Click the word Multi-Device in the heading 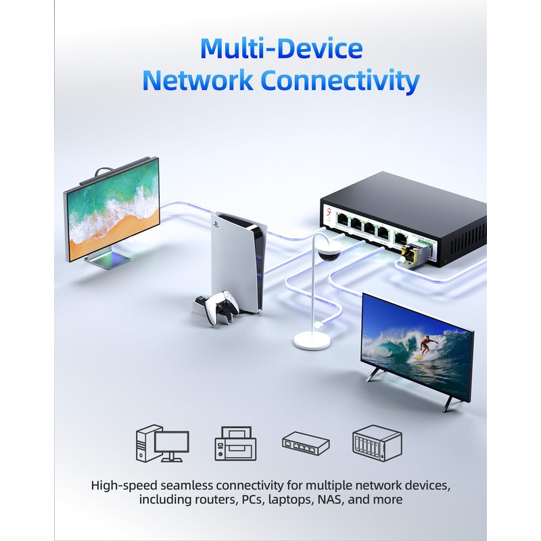[x=281, y=49]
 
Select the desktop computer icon [x=162, y=443]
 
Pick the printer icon [x=235, y=444]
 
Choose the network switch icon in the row [x=305, y=443]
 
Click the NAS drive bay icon [x=377, y=444]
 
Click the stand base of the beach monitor [x=106, y=260]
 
